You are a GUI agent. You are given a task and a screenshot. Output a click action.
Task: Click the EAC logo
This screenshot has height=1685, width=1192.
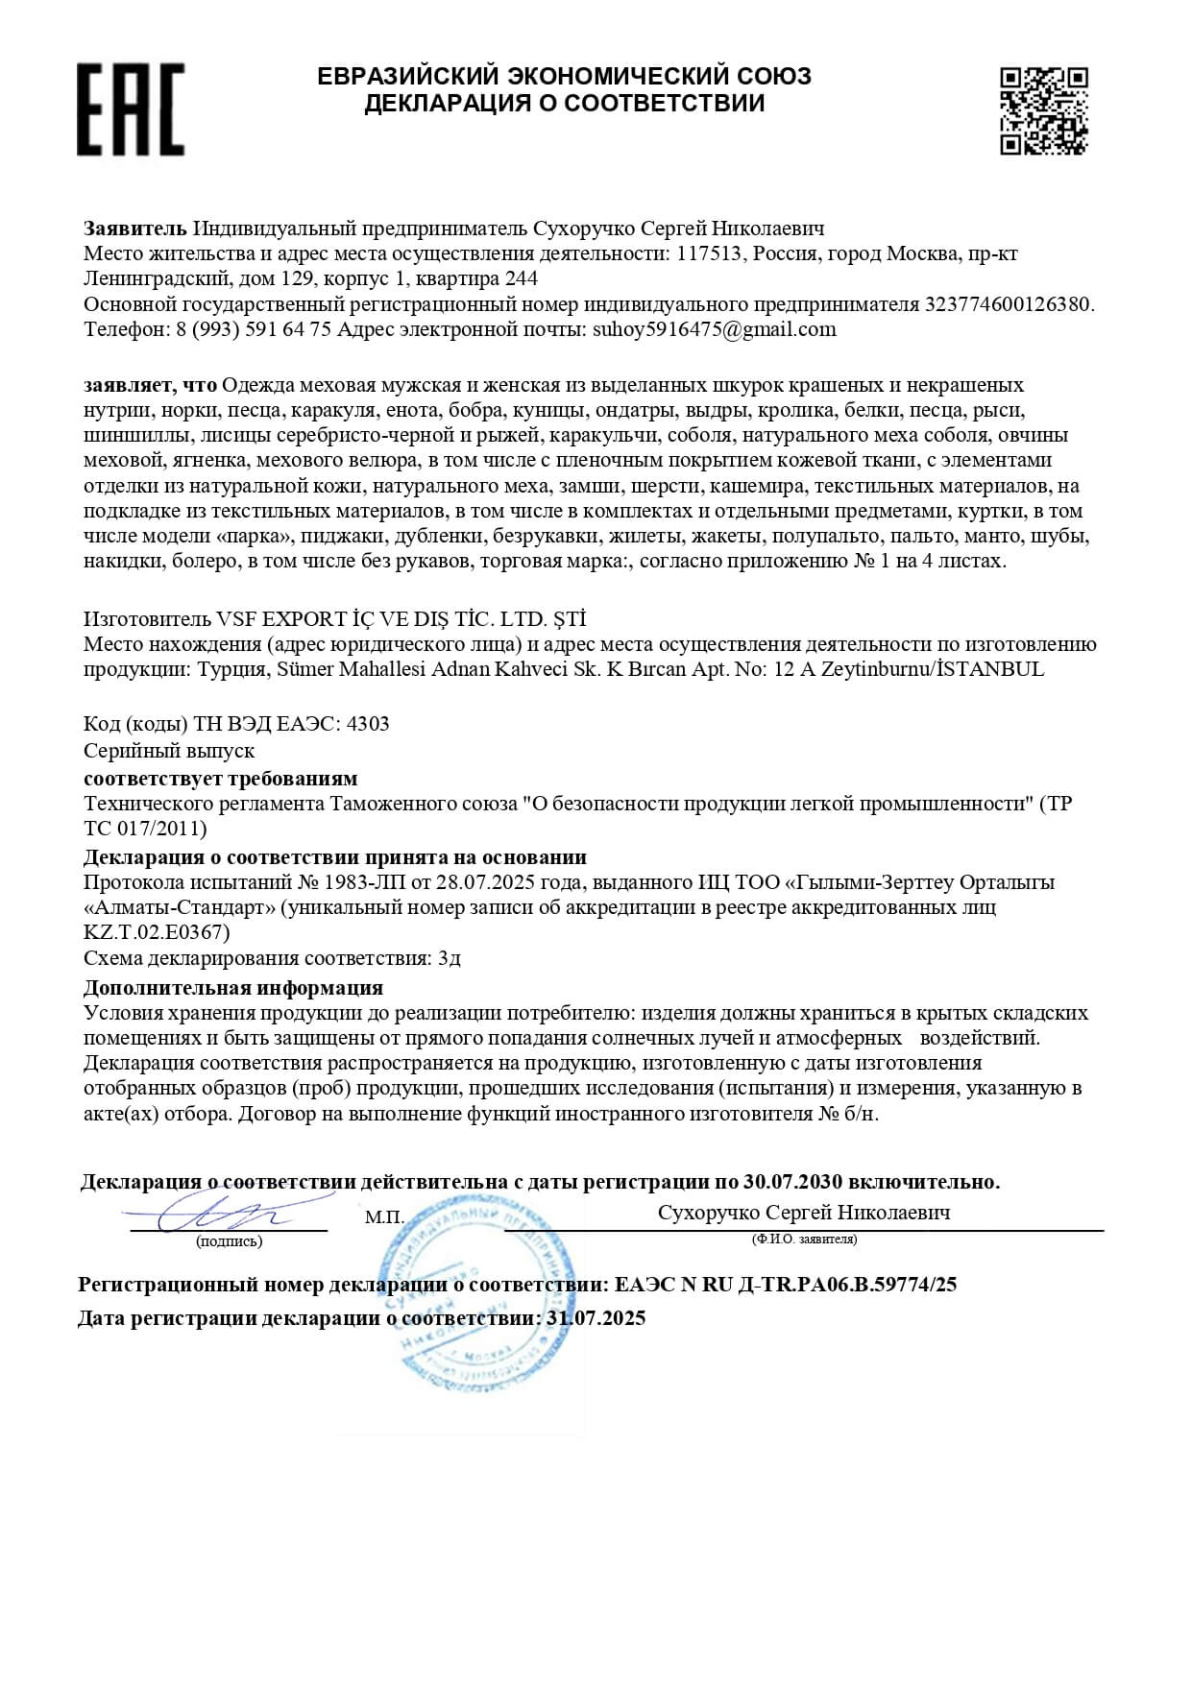tap(131, 109)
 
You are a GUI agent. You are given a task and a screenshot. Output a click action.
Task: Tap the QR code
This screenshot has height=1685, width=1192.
tap(1043, 109)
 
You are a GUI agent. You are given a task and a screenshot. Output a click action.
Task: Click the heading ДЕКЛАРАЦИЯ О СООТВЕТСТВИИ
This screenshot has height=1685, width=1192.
tap(564, 103)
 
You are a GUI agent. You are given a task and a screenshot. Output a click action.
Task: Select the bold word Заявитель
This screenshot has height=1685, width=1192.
tap(134, 229)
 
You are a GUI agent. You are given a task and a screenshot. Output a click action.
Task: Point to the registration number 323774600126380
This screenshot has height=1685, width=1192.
tap(1008, 304)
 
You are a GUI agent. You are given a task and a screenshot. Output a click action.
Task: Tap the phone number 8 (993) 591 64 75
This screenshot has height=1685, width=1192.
tap(255, 329)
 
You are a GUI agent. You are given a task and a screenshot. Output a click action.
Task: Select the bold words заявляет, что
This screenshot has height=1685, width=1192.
tap(150, 385)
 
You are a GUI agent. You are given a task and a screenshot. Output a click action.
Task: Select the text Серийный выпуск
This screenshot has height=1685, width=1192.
tap(169, 750)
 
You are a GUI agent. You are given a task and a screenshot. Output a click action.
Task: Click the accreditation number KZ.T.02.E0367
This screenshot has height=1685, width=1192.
tap(157, 931)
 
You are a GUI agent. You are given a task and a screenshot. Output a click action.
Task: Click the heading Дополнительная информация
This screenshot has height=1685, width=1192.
tap(233, 987)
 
